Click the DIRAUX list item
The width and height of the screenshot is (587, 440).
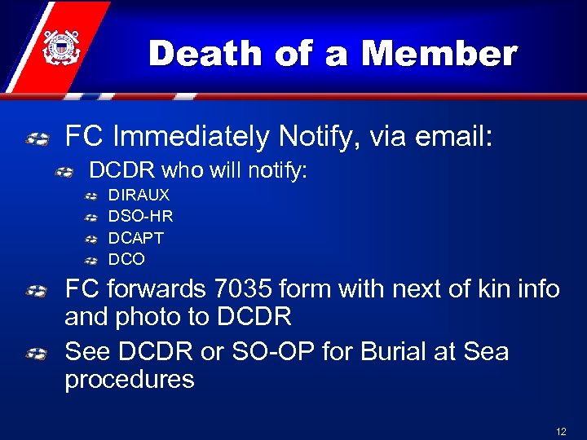click(139, 196)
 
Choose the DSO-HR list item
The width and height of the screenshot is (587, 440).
click(141, 217)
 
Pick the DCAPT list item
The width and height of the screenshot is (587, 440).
click(136, 238)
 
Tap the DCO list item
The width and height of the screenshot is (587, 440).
click(126, 259)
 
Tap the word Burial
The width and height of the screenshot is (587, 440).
click(396, 352)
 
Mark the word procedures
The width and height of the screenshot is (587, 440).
click(130, 379)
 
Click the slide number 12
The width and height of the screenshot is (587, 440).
click(561, 432)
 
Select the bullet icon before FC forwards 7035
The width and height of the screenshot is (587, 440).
click(36, 291)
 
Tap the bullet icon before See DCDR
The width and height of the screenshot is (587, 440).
click(36, 354)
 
